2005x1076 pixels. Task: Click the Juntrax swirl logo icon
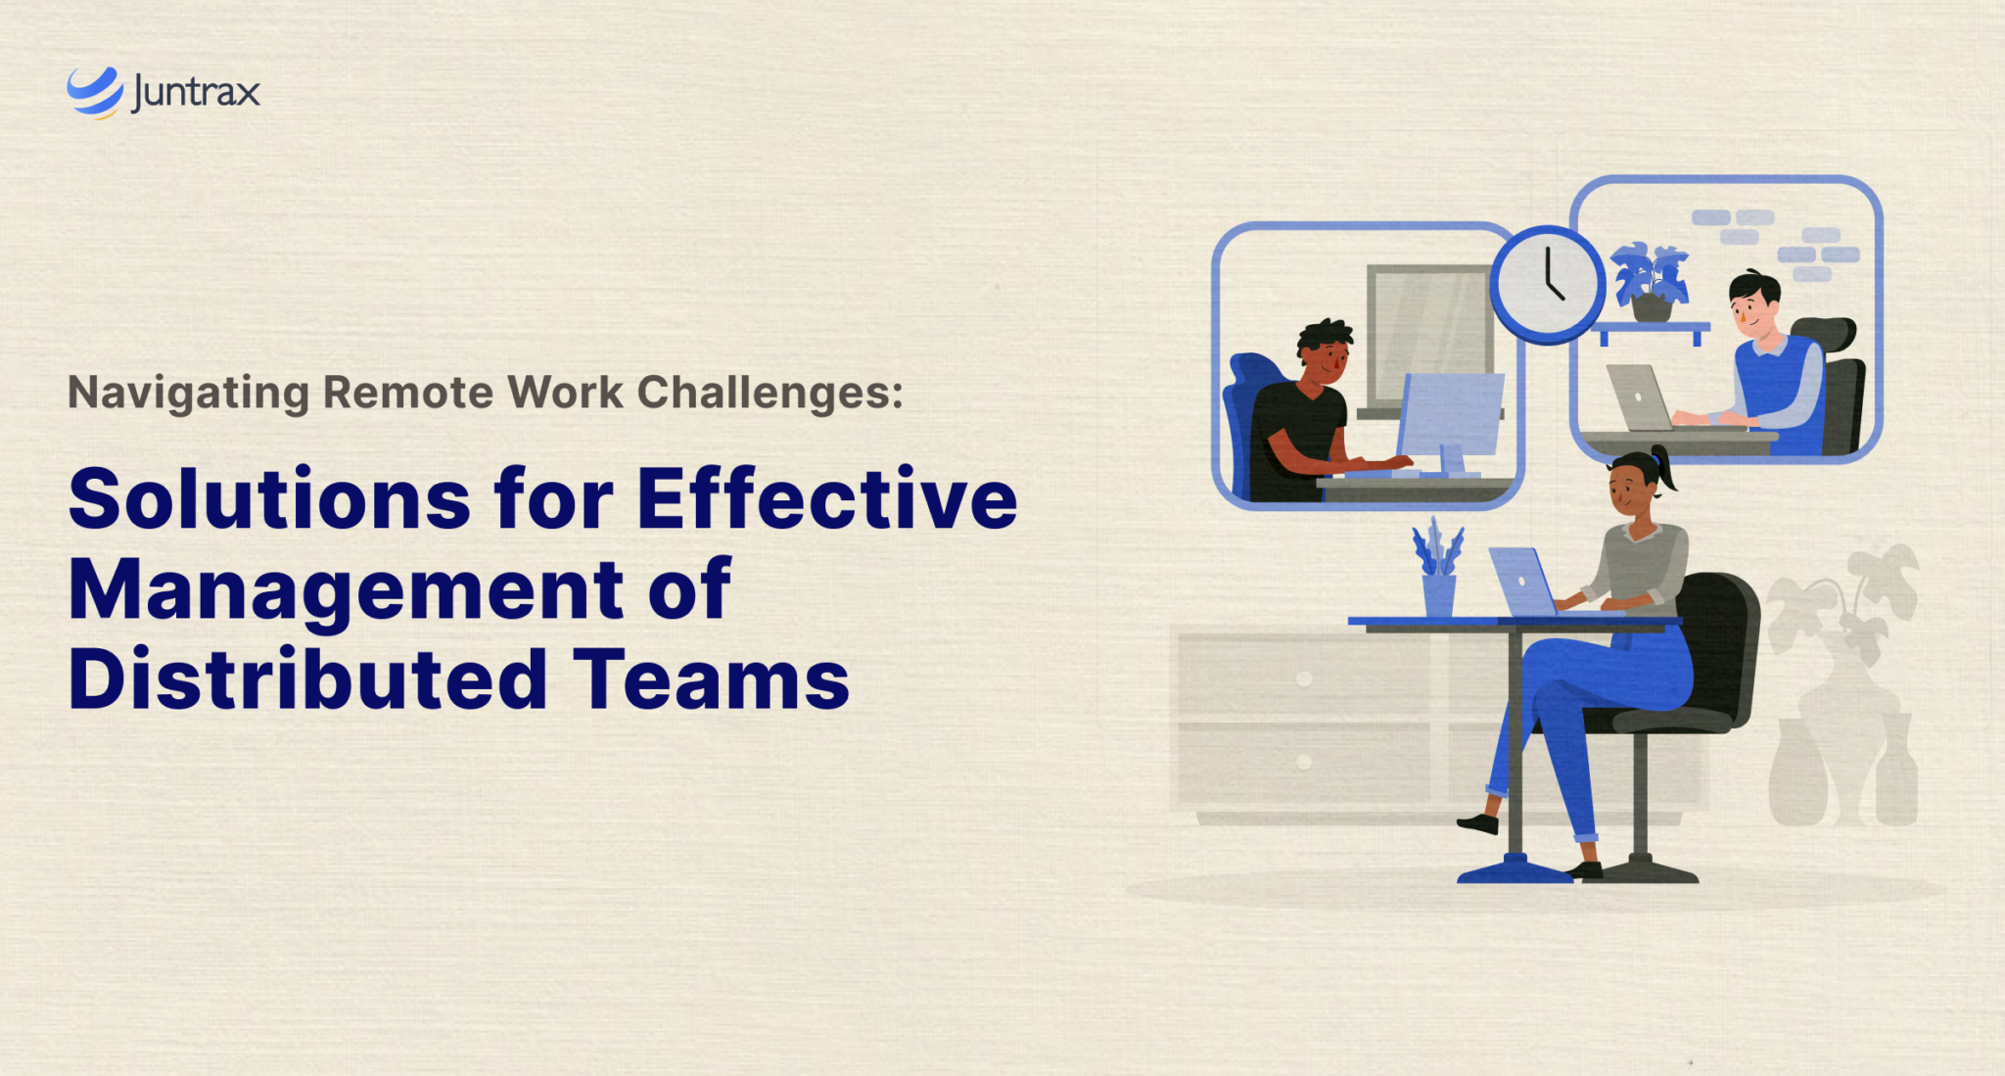pyautogui.click(x=94, y=92)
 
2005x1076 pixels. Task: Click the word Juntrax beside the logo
pyautogui.click(x=196, y=93)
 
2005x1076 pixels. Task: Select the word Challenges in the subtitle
pyautogui.click(x=769, y=393)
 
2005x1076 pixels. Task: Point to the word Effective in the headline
pyautogui.click(x=827, y=498)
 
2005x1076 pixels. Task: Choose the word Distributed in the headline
pyautogui.click(x=307, y=678)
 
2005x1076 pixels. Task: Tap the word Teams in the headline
pyautogui.click(x=711, y=678)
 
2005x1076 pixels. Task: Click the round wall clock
pyautogui.click(x=1547, y=285)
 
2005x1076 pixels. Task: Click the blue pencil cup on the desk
pyautogui.click(x=1438, y=593)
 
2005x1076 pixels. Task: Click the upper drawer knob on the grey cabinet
pyautogui.click(x=1303, y=678)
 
